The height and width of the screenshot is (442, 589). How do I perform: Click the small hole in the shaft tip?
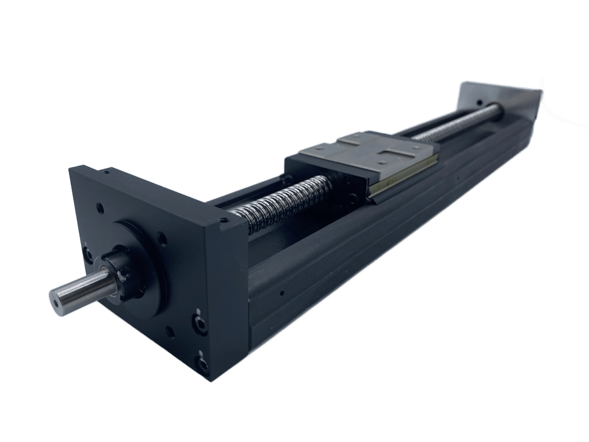click(56, 299)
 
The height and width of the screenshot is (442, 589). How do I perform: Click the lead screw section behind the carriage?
click(454, 124)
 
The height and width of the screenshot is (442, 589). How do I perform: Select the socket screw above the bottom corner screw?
click(200, 325)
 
